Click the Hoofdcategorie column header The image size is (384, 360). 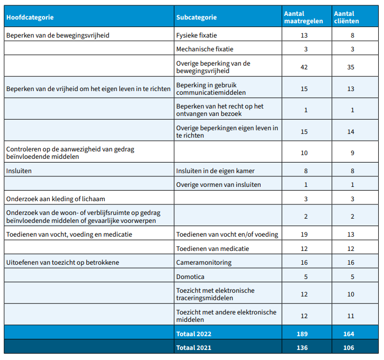[30, 17]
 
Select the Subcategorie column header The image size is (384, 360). [197, 17]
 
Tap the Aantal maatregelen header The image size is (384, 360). [303, 17]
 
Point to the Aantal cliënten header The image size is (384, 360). [346, 17]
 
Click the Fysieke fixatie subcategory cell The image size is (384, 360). [197, 35]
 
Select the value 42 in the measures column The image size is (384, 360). [304, 67]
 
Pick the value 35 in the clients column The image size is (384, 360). [351, 67]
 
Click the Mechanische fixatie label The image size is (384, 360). [205, 49]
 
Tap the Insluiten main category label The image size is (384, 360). [19, 171]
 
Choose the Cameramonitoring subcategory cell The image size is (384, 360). [204, 263]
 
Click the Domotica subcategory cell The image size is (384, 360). [190, 277]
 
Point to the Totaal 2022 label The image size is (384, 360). [194, 334]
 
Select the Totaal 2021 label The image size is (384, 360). [194, 348]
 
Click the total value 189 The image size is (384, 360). [302, 334]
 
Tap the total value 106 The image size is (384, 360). [349, 348]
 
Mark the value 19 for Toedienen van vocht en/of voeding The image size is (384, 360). [304, 235]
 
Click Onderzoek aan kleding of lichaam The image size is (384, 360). [56, 199]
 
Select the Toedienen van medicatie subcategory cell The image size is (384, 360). [212, 249]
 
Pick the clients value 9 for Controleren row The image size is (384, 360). [352, 153]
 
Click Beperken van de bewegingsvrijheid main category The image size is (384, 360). [58, 35]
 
